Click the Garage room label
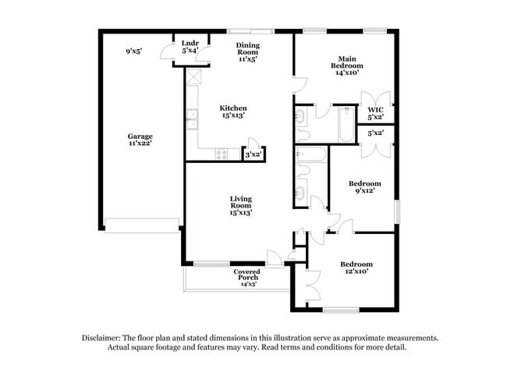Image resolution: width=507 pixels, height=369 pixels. (x=140, y=136)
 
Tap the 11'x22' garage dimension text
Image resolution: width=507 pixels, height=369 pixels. (x=140, y=144)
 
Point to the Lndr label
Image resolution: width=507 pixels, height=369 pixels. (x=190, y=42)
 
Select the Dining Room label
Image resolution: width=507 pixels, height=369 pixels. (x=247, y=50)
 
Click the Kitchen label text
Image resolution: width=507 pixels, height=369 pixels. (x=233, y=108)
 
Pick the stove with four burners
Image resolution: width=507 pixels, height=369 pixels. (x=222, y=154)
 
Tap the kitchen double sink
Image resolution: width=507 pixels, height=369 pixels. (x=192, y=120)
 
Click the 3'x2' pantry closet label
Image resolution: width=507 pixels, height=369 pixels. (x=253, y=155)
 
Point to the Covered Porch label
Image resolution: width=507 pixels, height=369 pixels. (x=247, y=272)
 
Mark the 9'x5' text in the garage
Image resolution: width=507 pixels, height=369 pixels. (x=133, y=51)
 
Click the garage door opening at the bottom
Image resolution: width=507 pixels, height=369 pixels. (x=142, y=225)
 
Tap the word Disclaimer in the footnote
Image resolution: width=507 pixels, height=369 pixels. (x=105, y=338)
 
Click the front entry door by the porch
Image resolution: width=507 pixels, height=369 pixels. (x=274, y=258)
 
